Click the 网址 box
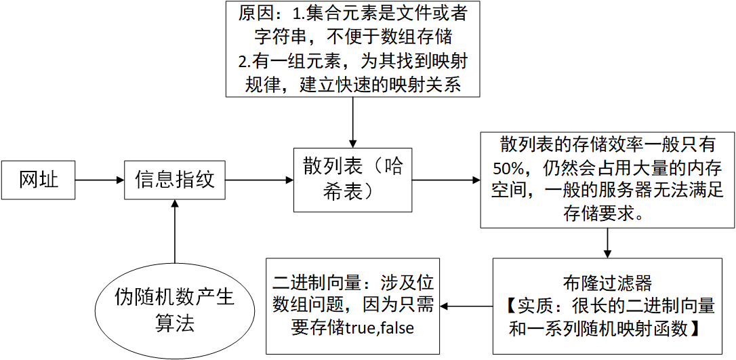(x=39, y=180)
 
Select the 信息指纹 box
(x=175, y=180)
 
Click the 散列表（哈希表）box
(x=352, y=179)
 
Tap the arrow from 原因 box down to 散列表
(x=352, y=122)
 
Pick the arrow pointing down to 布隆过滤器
(x=607, y=243)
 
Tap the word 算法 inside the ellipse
(x=174, y=323)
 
